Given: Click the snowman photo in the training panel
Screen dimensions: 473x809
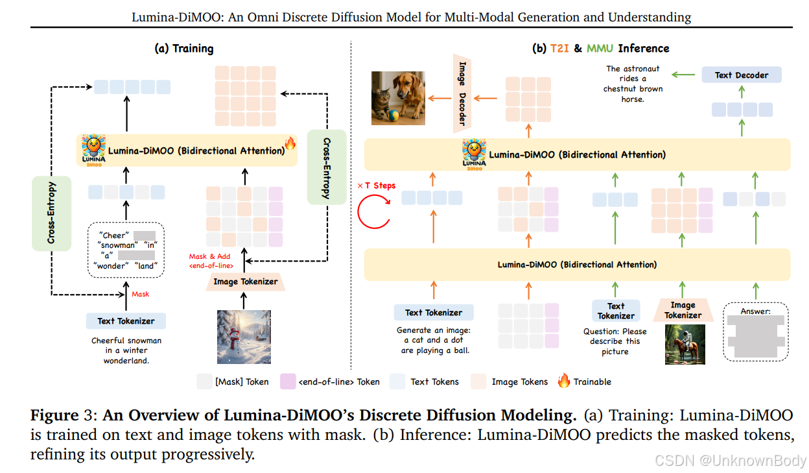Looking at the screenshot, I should pos(244,336).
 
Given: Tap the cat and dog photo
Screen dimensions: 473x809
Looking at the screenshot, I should pos(398,98).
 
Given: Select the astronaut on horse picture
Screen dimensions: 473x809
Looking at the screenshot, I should pos(685,344).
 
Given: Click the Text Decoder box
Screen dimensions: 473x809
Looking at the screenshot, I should pos(742,75).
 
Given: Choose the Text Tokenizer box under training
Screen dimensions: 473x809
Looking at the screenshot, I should pos(126,321).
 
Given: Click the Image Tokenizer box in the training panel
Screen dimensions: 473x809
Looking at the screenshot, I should pos(246,282).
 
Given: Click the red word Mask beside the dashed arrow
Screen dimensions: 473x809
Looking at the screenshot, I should pos(141,294).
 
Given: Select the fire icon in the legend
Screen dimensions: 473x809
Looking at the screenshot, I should pos(564,382).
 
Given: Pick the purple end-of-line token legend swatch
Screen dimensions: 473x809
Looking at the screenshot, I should pos(287,382).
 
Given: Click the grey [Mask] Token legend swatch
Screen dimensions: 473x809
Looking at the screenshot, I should pos(204,382).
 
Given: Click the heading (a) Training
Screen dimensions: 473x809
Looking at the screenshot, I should pos(184,49).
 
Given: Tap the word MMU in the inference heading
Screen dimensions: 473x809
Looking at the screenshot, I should pos(600,49).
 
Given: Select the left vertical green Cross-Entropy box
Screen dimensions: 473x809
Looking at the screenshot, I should pos(51,213).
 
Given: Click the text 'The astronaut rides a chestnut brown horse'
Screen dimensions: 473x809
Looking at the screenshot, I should pos(633,84).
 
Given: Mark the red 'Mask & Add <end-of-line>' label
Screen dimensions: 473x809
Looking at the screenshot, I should pos(211,261).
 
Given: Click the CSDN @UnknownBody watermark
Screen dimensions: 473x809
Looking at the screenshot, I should pos(730,461).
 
